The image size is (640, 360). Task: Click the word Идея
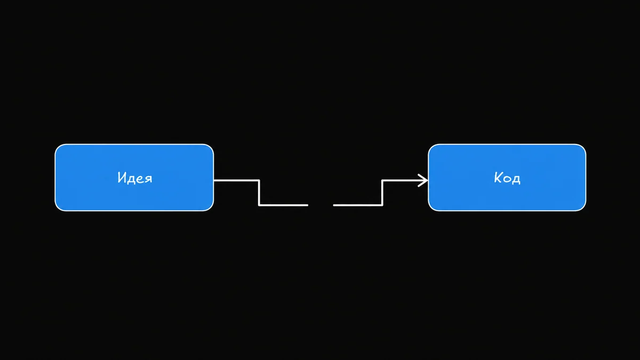135,178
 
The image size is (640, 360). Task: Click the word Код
507,178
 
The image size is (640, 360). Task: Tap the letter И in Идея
122,177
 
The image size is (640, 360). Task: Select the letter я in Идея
149,179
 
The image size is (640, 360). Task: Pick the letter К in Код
498,177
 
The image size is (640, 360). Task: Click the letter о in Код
507,179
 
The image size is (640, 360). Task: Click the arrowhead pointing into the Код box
423,180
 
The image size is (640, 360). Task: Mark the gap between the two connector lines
321,205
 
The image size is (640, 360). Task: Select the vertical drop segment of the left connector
259,193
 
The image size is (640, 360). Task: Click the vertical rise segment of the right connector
382,193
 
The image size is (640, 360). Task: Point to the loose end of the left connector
308,205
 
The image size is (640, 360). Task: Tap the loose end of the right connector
334,205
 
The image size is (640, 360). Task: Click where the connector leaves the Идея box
214,180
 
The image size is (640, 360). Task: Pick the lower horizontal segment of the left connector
283,205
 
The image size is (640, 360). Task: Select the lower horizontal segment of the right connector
358,205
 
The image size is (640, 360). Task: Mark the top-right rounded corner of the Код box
583,147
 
